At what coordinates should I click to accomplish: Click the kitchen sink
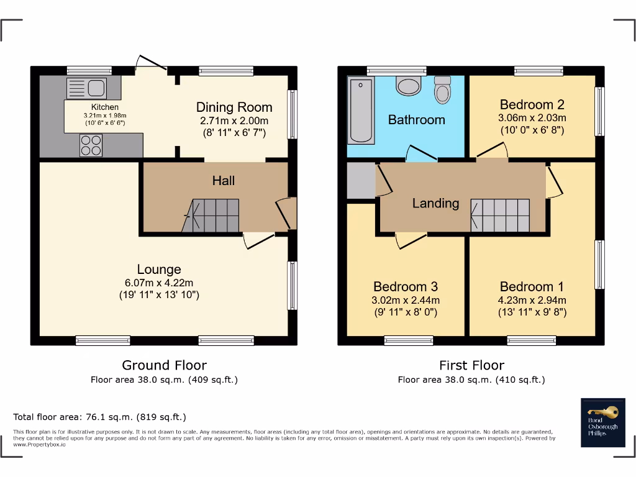coord(87,88)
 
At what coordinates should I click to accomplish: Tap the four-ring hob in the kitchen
coord(91,146)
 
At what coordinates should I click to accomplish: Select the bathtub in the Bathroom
coord(361,111)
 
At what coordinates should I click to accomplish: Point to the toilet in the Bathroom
coord(443,91)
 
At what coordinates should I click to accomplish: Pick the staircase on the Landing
coord(500,215)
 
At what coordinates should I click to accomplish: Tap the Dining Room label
coord(234,107)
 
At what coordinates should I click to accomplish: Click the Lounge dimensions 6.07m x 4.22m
coord(159,283)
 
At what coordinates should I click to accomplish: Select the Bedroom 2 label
coord(532,104)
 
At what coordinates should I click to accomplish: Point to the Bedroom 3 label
coord(406,286)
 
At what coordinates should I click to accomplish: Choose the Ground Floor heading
coord(164,365)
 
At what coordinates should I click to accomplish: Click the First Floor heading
coord(471,365)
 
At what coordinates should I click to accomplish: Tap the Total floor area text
coord(100,417)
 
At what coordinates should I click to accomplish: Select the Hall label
coord(224,181)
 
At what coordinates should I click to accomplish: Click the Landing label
coord(435,203)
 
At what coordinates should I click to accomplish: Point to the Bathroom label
coord(416,120)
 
